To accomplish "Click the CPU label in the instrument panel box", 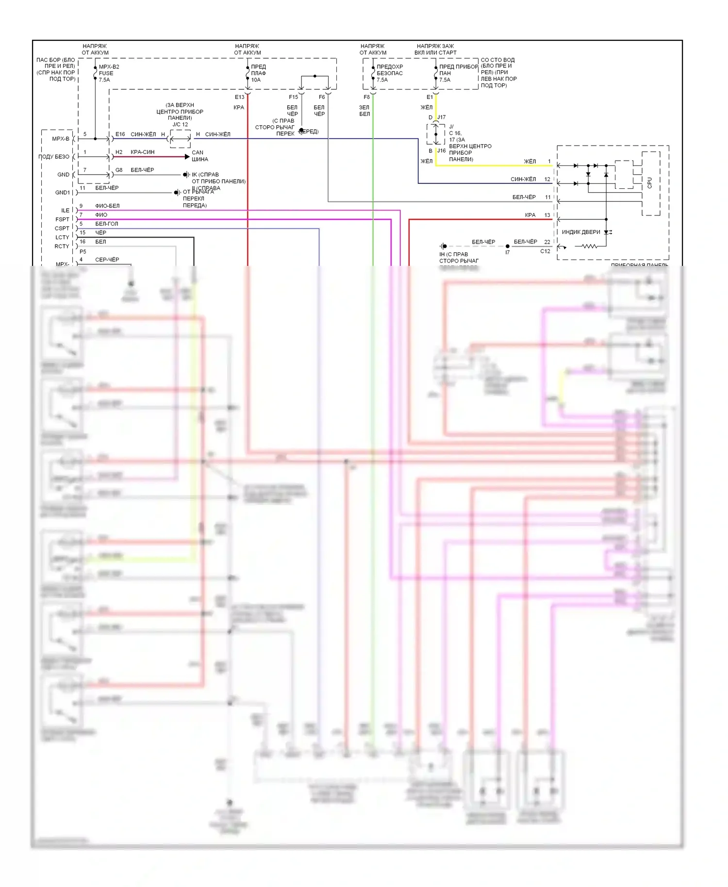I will click(650, 183).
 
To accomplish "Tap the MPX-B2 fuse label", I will click(109, 67).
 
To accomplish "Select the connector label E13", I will click(240, 97).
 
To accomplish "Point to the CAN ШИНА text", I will click(199, 156).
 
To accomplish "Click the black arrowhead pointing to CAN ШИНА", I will click(187, 157).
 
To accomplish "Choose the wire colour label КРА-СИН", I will click(142, 152).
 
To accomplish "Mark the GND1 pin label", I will click(63, 193).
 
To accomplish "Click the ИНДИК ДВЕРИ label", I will click(581, 232).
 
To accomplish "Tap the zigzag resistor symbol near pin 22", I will click(589, 246).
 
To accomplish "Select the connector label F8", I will click(366, 97).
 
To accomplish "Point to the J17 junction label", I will click(441, 117).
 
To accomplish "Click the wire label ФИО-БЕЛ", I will click(107, 206).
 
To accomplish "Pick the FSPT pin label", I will click(63, 219).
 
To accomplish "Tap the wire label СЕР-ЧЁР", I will click(107, 260).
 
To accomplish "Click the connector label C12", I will click(545, 251).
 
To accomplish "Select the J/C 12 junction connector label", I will click(180, 124).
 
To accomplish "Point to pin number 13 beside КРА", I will click(547, 215).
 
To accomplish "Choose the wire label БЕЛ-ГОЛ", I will click(106, 224).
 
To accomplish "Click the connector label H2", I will click(119, 152).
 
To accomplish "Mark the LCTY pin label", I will click(62, 237).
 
